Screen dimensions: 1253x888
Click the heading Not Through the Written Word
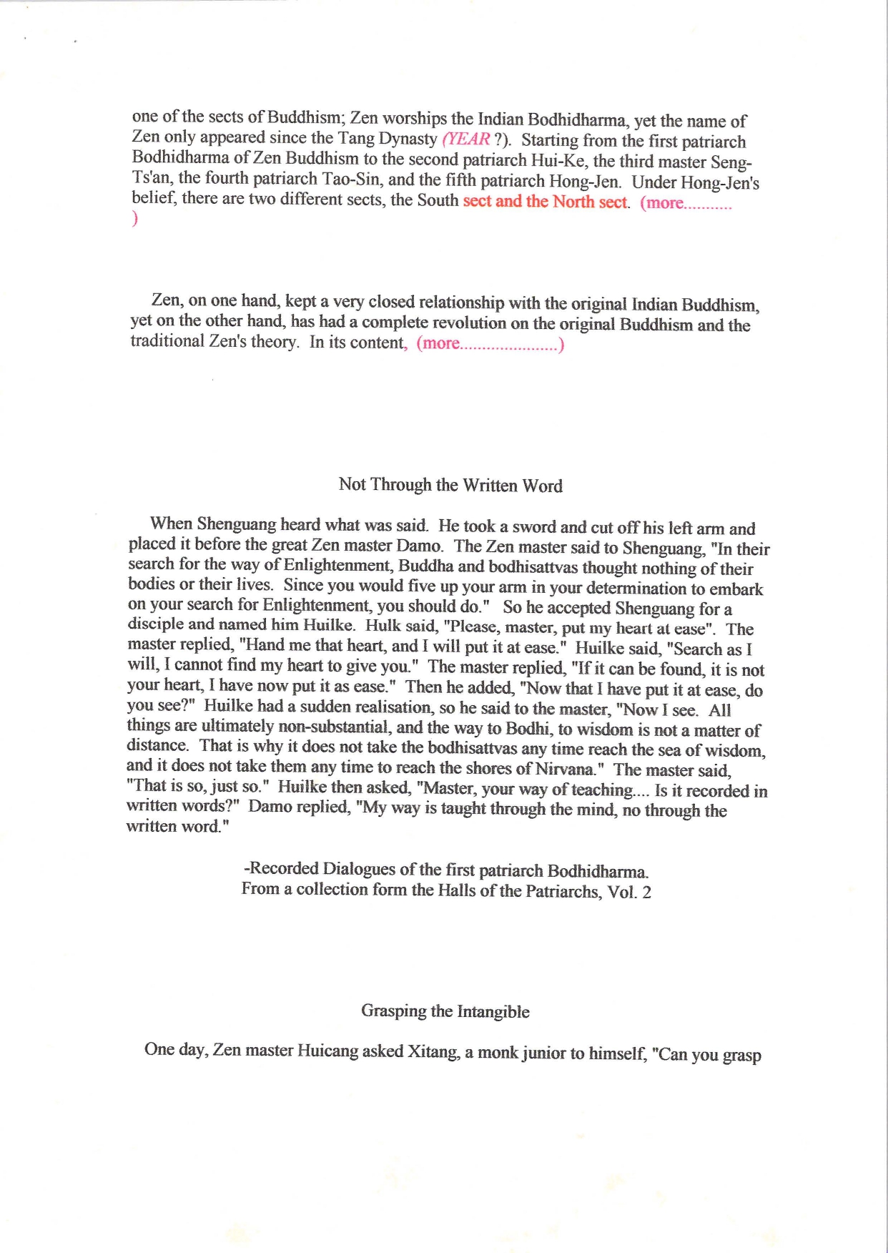[x=450, y=485]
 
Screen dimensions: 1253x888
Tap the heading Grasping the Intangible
[x=445, y=1011]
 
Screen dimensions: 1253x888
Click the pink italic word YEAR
[x=468, y=139]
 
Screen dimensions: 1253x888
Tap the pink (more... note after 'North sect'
[x=686, y=203]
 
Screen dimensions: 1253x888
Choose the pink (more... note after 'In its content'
[x=490, y=344]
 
